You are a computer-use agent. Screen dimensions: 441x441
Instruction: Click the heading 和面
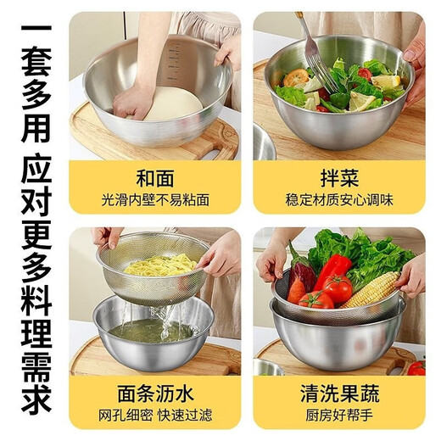point(154,179)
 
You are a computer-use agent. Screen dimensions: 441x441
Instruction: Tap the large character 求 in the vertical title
point(35,398)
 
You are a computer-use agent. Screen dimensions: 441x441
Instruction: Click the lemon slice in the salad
point(387,83)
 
